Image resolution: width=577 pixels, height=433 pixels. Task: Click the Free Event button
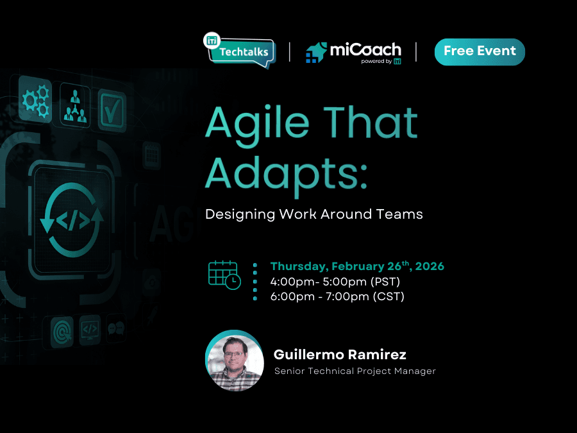click(x=480, y=52)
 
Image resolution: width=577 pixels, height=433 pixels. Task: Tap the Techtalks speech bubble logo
click(x=239, y=51)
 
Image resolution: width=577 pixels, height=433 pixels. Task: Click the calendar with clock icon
click(x=224, y=274)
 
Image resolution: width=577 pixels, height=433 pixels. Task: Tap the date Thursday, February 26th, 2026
click(x=357, y=266)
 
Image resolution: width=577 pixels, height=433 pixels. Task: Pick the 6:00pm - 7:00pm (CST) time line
click(x=337, y=296)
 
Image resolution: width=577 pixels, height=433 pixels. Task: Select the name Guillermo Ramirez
click(x=340, y=355)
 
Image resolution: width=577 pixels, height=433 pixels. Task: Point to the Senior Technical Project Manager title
click(x=355, y=371)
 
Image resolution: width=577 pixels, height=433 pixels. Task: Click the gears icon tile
click(x=35, y=100)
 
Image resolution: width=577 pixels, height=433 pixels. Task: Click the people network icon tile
click(x=74, y=104)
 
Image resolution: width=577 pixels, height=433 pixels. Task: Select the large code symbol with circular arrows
click(x=72, y=218)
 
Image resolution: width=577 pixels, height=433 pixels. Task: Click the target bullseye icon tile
click(x=62, y=332)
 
